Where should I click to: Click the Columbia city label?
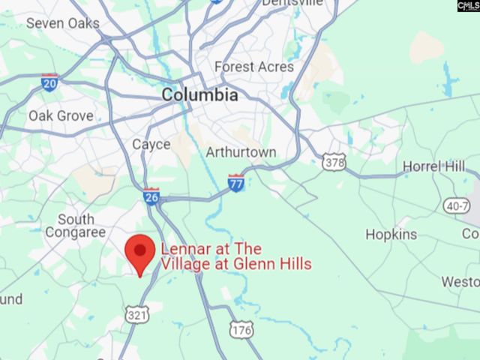200,95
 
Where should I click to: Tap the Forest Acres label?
254,67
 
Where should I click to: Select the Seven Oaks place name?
62,23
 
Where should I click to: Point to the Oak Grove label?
61,115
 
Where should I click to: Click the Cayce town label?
151,144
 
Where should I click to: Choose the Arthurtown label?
241,152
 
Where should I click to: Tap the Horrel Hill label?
433,166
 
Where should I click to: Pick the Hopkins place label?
391,234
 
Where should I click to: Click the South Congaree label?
76,226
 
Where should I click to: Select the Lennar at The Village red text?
235,256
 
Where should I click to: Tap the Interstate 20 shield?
49,82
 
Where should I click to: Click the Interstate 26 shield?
151,196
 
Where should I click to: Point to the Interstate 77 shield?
236,182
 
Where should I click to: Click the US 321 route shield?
138,314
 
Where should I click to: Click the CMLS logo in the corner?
467,5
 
